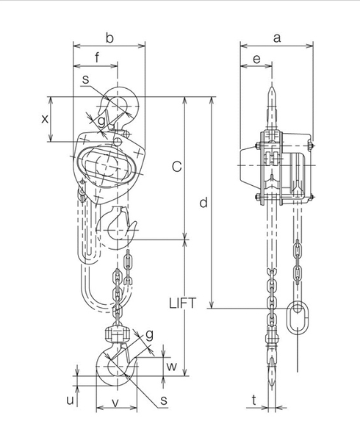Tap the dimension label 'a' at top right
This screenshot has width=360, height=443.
click(277, 37)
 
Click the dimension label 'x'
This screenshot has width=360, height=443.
click(44, 118)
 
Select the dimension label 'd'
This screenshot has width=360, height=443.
click(204, 201)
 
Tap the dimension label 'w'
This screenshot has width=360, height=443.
click(172, 364)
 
